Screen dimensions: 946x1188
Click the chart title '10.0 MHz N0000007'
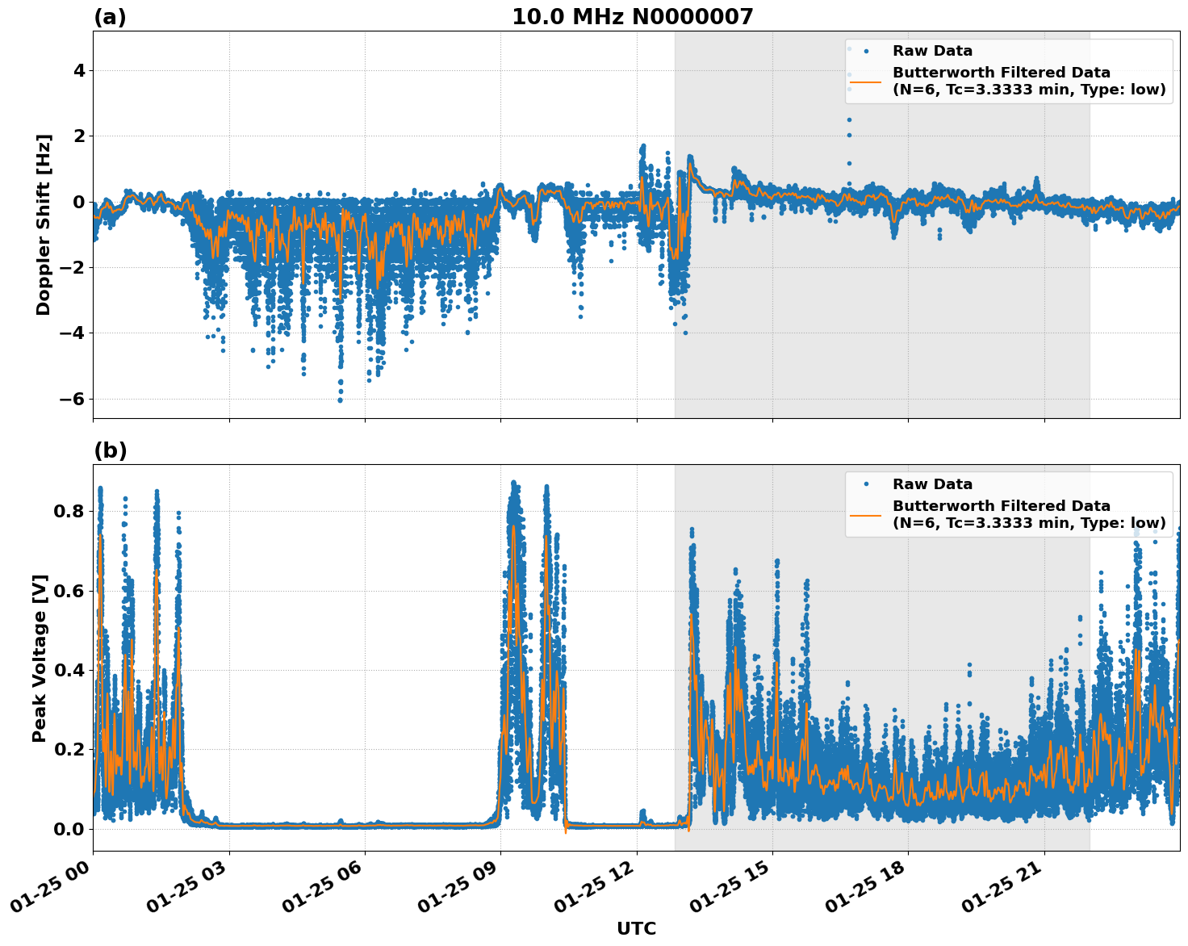coord(632,17)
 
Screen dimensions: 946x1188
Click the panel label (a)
coord(110,17)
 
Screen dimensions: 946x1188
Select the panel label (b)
coord(110,450)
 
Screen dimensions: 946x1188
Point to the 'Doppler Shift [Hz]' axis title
coord(44,224)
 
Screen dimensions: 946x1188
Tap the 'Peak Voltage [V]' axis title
coord(40,658)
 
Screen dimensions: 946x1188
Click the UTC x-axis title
coord(636,928)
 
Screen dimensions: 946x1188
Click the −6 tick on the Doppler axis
coord(73,399)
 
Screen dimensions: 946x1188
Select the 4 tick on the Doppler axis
coord(79,71)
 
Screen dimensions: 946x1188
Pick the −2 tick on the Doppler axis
coord(73,267)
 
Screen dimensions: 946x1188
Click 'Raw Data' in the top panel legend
coord(932,52)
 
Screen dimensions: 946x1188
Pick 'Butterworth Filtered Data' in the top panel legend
coord(1001,73)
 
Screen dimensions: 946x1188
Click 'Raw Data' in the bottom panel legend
coord(932,485)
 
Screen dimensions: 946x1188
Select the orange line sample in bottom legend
coord(865,515)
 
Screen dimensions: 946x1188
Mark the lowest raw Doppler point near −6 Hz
coord(340,400)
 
